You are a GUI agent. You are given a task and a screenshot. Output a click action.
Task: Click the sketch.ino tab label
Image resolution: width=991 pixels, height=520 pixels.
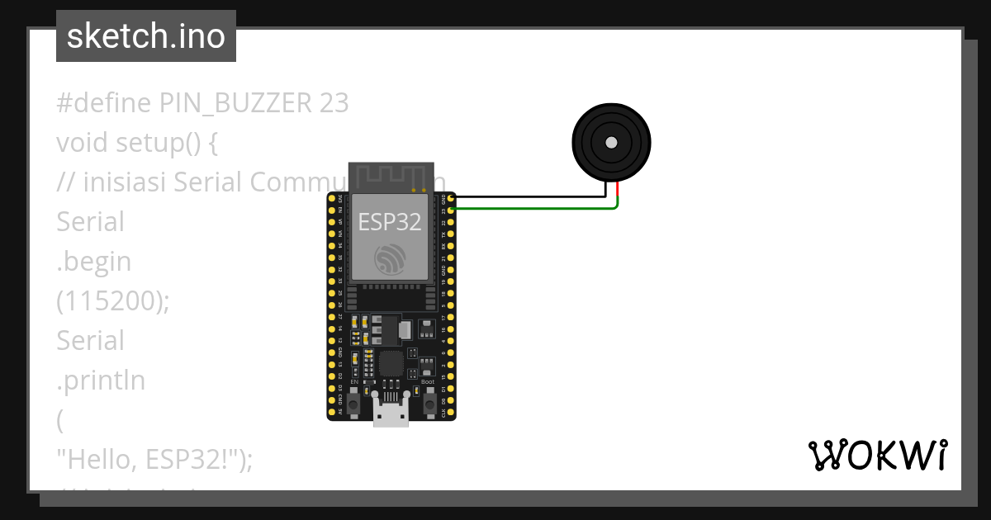tap(146, 36)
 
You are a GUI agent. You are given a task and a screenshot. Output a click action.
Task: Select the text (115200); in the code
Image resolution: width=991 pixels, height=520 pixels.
tap(112, 301)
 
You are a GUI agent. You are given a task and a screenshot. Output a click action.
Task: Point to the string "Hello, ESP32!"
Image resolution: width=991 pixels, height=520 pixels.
tap(149, 460)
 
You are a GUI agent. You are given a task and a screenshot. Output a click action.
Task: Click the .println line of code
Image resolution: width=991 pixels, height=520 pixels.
tap(101, 381)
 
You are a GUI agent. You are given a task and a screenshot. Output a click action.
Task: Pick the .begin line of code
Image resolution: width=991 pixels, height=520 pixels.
tap(94, 262)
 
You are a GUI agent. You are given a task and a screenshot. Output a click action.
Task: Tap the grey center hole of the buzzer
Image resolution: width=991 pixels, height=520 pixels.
tap(611, 142)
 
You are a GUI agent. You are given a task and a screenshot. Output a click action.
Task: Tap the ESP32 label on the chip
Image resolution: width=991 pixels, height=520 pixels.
tap(389, 221)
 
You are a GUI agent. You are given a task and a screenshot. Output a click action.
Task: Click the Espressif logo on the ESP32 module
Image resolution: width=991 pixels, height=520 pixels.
tap(390, 259)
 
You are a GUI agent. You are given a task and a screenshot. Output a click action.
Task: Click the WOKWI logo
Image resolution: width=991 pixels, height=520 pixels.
tap(877, 456)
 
